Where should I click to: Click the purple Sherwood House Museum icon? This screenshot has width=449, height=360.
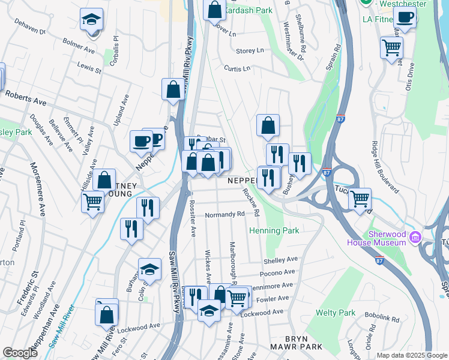click(x=414, y=239)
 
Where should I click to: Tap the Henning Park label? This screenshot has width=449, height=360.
click(x=274, y=230)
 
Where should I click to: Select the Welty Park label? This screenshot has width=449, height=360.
click(x=335, y=313)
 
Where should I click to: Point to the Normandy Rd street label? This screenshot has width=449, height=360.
click(x=225, y=214)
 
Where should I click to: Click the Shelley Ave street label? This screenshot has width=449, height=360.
click(x=280, y=260)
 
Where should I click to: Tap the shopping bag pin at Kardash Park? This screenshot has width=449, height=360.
click(x=214, y=10)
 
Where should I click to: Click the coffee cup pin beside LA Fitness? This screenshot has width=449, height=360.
click(x=405, y=19)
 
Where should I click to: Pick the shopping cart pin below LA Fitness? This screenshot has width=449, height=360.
click(x=391, y=47)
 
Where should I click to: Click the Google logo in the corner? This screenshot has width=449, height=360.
click(x=19, y=353)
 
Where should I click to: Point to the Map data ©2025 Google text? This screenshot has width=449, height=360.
click(x=411, y=355)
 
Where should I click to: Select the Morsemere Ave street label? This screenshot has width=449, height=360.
click(x=37, y=189)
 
